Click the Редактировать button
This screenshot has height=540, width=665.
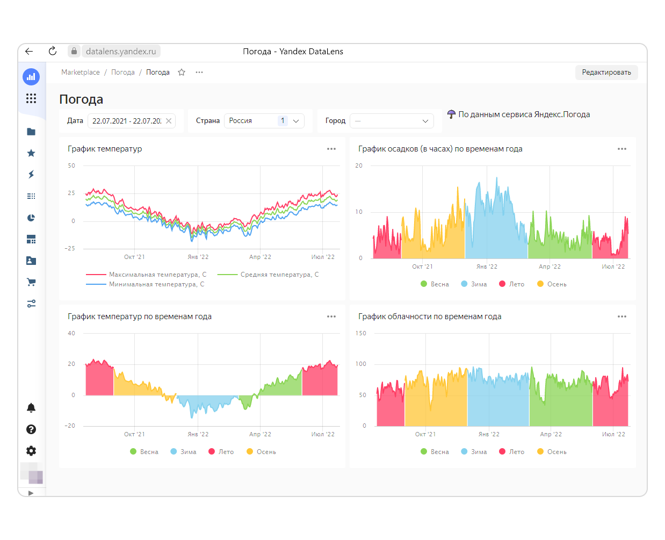pyautogui.click(x=606, y=73)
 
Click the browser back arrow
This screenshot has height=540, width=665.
pyautogui.click(x=29, y=51)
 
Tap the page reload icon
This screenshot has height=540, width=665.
pyautogui.click(x=53, y=51)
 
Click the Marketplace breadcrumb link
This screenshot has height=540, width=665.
pyautogui.click(x=81, y=73)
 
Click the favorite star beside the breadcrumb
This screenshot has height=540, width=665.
pyautogui.click(x=182, y=73)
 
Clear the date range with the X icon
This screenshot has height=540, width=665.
pyautogui.click(x=169, y=121)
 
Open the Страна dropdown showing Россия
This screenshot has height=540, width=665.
pyautogui.click(x=264, y=121)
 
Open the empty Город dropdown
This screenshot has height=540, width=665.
pyautogui.click(x=392, y=121)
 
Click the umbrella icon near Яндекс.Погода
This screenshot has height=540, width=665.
pyautogui.click(x=451, y=114)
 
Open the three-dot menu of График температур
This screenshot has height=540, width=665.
pyautogui.click(x=331, y=149)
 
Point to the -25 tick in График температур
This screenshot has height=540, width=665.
pyautogui.click(x=70, y=248)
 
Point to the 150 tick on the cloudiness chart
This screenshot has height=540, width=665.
pyautogui.click(x=361, y=333)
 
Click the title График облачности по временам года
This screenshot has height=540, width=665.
pyautogui.click(x=430, y=316)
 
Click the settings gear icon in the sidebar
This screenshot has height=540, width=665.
pyautogui.click(x=31, y=451)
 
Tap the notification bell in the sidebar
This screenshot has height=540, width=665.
pyautogui.click(x=31, y=408)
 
